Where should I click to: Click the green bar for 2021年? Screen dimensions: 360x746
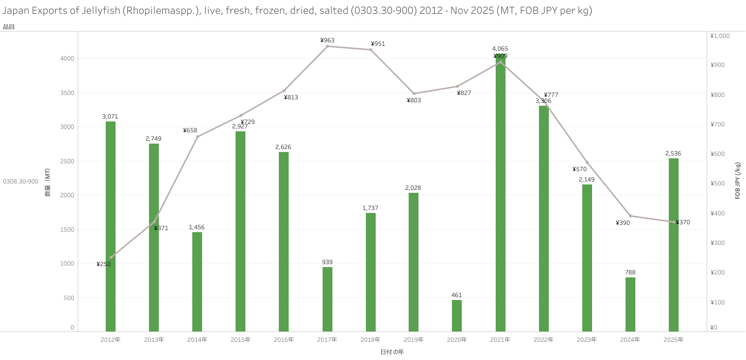point(500,197)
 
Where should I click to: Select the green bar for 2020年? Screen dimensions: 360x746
point(457,316)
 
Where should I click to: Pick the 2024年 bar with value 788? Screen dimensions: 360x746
point(630,304)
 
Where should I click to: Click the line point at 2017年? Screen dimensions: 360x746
point(328,46)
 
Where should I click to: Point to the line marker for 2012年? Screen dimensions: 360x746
point(111,257)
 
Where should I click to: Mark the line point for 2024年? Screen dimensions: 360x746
point(630,216)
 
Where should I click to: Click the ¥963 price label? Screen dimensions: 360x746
point(327,40)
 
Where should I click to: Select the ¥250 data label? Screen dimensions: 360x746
point(103,264)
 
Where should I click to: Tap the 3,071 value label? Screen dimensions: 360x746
point(110,117)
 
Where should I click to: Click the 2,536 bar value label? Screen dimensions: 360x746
point(673,153)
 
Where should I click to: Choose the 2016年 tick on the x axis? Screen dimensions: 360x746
point(284,340)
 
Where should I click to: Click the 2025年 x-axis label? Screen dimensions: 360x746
point(673,340)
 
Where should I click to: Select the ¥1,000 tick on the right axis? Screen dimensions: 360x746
point(719,35)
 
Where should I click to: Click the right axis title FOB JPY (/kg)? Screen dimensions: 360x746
point(738,180)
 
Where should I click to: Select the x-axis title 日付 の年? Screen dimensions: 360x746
point(392,352)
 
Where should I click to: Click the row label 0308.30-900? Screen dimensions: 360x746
point(21,181)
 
